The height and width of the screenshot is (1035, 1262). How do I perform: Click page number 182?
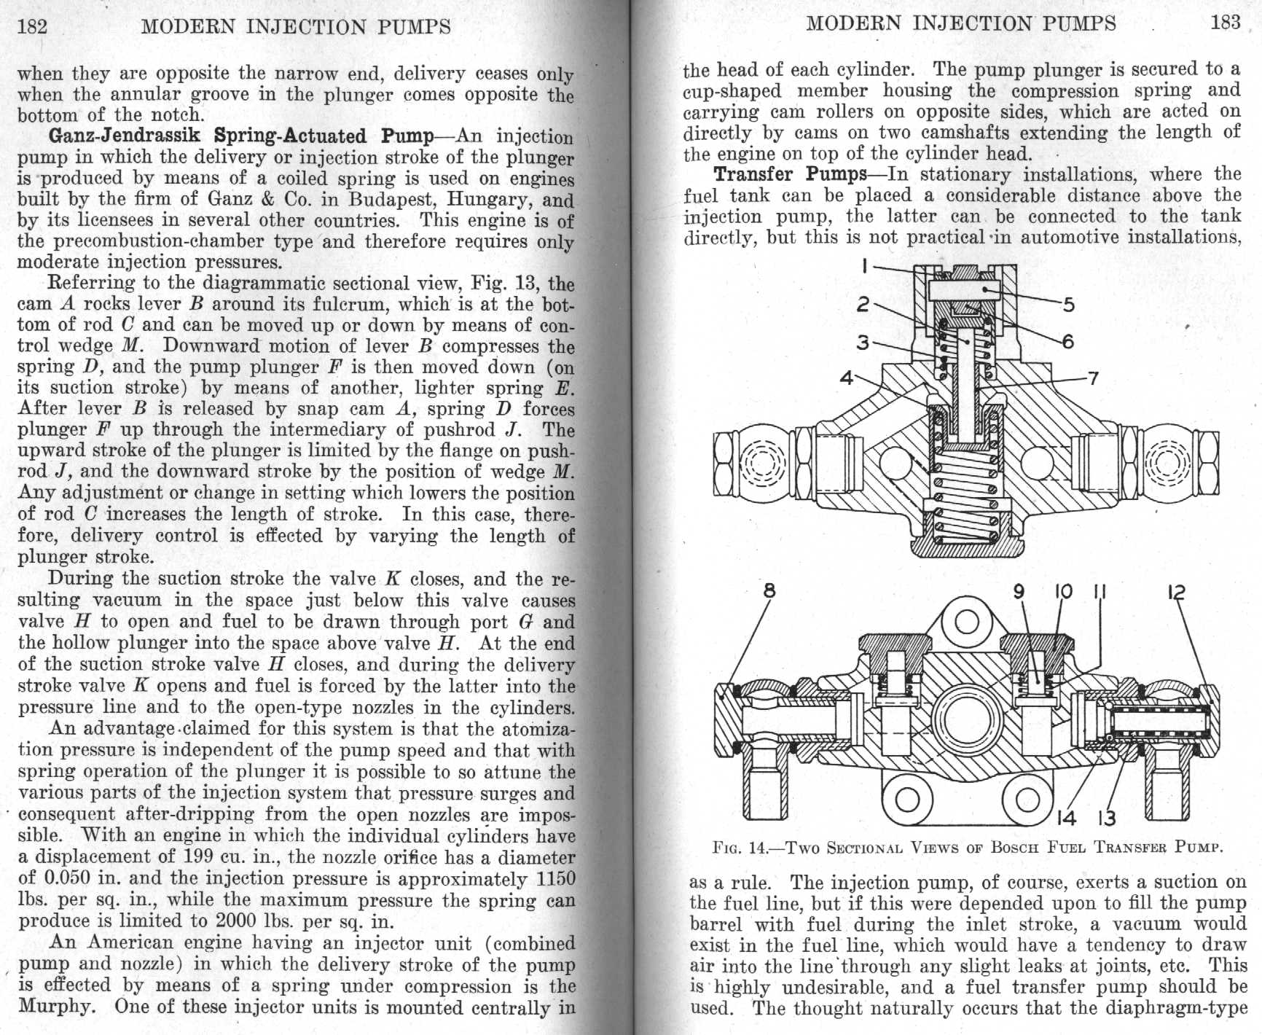tap(32, 27)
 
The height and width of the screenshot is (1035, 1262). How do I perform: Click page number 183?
tap(1226, 23)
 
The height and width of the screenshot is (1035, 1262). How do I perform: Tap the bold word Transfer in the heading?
tap(753, 174)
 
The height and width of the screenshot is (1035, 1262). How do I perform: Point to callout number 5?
tap(1068, 304)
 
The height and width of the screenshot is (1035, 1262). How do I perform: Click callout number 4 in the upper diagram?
tap(846, 378)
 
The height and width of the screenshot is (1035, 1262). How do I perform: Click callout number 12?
tap(1176, 592)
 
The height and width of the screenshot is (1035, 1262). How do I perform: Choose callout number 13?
tap(1106, 818)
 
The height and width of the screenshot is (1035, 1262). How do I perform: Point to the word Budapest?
tap(393, 199)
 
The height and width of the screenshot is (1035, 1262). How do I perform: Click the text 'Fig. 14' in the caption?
tap(740, 848)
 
